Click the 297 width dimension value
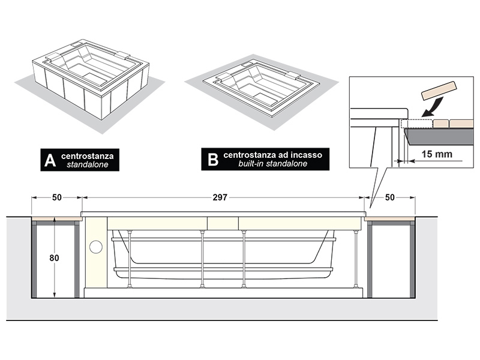220,197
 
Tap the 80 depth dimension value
54,258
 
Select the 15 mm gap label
437,154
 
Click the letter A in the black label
50,160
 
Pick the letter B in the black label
213,159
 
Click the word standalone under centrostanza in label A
88,164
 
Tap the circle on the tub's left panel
96,247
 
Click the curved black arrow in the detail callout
432,106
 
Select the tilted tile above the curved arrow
439,91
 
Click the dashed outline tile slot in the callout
416,124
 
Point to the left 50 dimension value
56,197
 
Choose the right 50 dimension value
389,197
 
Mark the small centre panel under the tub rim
223,223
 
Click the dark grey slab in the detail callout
439,136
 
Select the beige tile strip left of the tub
56,218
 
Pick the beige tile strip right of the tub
389,218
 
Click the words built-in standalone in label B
273,164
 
